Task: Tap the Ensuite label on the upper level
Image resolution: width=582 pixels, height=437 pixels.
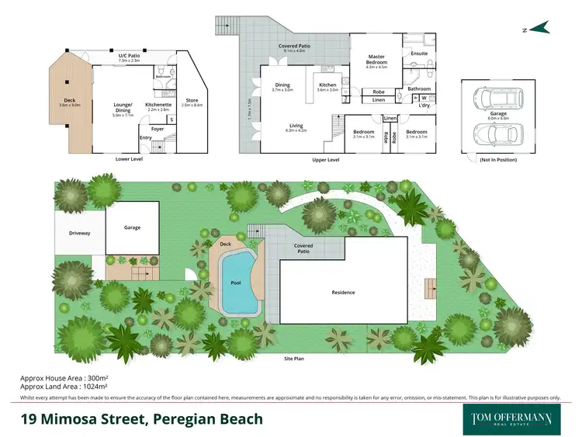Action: (419, 54)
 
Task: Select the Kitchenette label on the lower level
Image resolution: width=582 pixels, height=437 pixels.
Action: (158, 104)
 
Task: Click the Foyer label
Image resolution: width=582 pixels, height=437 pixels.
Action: (158, 129)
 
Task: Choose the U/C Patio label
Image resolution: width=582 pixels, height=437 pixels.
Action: (130, 56)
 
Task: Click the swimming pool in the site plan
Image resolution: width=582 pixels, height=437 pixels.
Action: (236, 283)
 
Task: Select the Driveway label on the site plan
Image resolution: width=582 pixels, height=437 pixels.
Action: (80, 233)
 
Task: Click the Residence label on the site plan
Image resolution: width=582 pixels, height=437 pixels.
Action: (343, 293)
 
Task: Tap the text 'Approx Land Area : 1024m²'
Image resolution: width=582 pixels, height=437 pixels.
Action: (64, 386)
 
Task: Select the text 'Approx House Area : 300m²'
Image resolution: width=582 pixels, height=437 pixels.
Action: (65, 378)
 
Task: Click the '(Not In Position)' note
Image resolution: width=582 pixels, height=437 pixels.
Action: (490, 160)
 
